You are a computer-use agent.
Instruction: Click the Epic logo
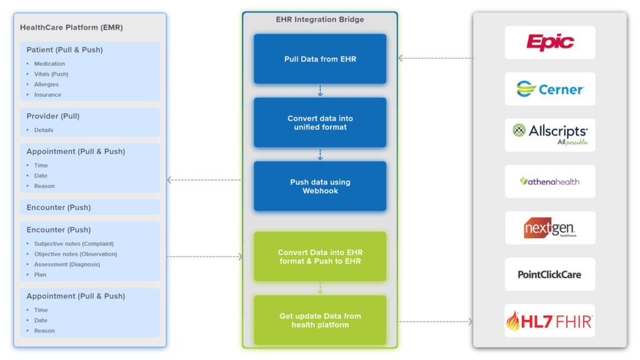(550, 42)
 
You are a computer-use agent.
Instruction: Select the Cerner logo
(550, 89)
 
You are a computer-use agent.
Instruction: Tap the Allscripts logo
(550, 134)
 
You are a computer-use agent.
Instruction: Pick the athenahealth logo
(550, 181)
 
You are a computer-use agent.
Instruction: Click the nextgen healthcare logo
(550, 228)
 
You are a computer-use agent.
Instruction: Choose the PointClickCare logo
(550, 274)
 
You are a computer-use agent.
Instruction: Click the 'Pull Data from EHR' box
(320, 59)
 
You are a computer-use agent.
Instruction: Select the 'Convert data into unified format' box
(320, 122)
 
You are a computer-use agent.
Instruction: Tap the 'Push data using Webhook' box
(320, 186)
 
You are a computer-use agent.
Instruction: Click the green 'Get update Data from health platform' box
(320, 320)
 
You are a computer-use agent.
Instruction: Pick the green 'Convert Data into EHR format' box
(320, 257)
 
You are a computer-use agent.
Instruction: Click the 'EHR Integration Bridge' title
(320, 19)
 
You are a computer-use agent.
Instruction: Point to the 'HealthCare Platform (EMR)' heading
(71, 27)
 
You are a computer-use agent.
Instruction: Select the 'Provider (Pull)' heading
(53, 116)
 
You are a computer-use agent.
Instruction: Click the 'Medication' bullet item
(49, 64)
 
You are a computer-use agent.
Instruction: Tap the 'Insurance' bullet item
(47, 95)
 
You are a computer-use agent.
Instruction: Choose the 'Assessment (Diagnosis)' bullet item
(67, 264)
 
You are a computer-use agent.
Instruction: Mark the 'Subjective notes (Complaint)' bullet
(74, 244)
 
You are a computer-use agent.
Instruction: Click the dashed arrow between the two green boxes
(320, 288)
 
